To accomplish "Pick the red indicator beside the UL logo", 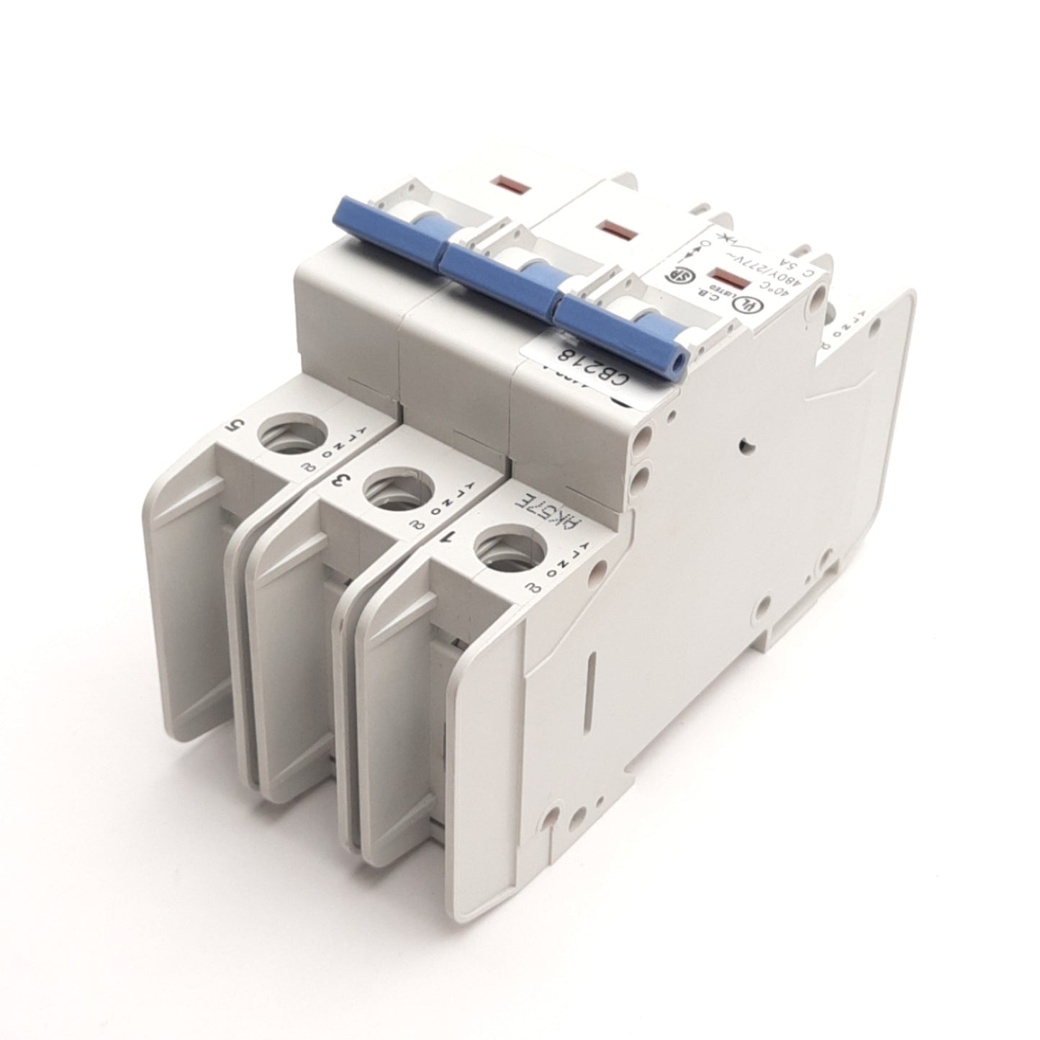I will pos(723,277).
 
